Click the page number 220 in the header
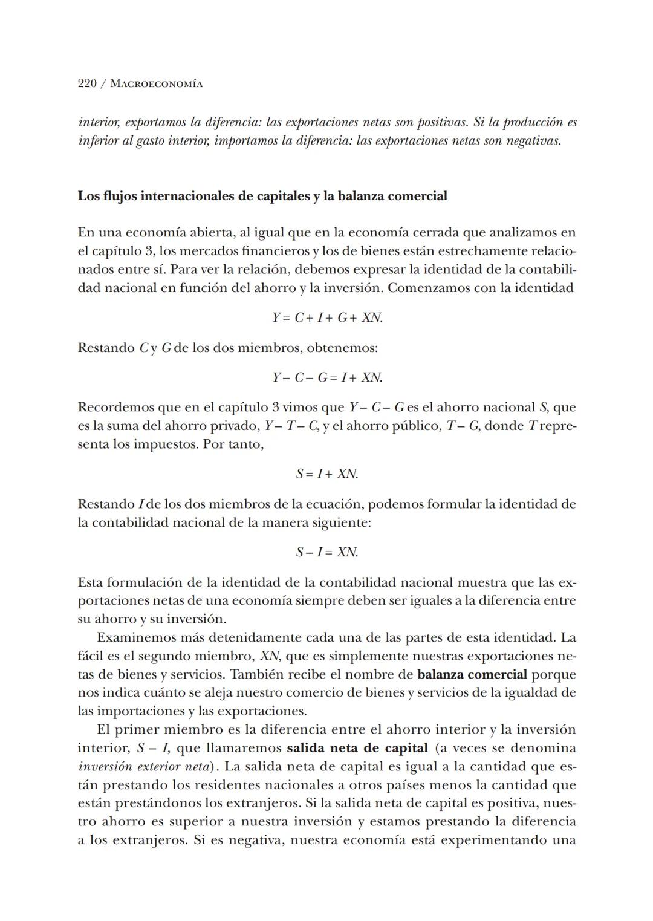pos(88,83)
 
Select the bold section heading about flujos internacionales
pos(262,196)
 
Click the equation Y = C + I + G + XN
pos(326,317)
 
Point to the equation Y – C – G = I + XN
pos(326,377)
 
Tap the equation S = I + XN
pos(326,474)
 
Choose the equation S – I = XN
pos(326,552)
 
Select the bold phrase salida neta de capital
pos(357,748)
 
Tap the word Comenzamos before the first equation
pos(428,288)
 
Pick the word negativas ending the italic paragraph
pos(534,141)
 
